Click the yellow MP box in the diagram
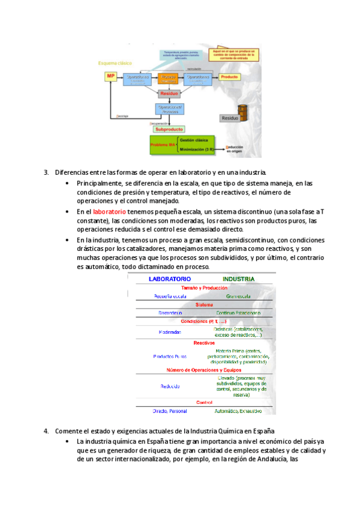point(110,76)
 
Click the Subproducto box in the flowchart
point(169,128)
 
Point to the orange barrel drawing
point(242,112)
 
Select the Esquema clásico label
point(116,62)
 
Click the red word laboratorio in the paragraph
point(110,212)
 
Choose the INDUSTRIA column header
point(238,279)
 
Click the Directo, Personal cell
point(170,411)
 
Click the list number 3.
point(46,173)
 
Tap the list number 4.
point(46,431)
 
